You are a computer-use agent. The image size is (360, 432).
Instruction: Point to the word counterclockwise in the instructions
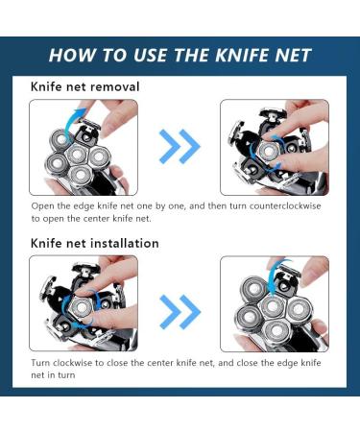285,205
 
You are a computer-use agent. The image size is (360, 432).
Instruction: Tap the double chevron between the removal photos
180,146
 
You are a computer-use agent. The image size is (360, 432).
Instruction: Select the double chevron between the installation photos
180,312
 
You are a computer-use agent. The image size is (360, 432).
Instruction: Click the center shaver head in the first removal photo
77,154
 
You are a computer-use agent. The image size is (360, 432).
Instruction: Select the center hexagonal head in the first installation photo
82,308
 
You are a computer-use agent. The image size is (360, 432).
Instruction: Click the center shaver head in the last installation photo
273,306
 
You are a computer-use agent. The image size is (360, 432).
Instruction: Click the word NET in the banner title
293,55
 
